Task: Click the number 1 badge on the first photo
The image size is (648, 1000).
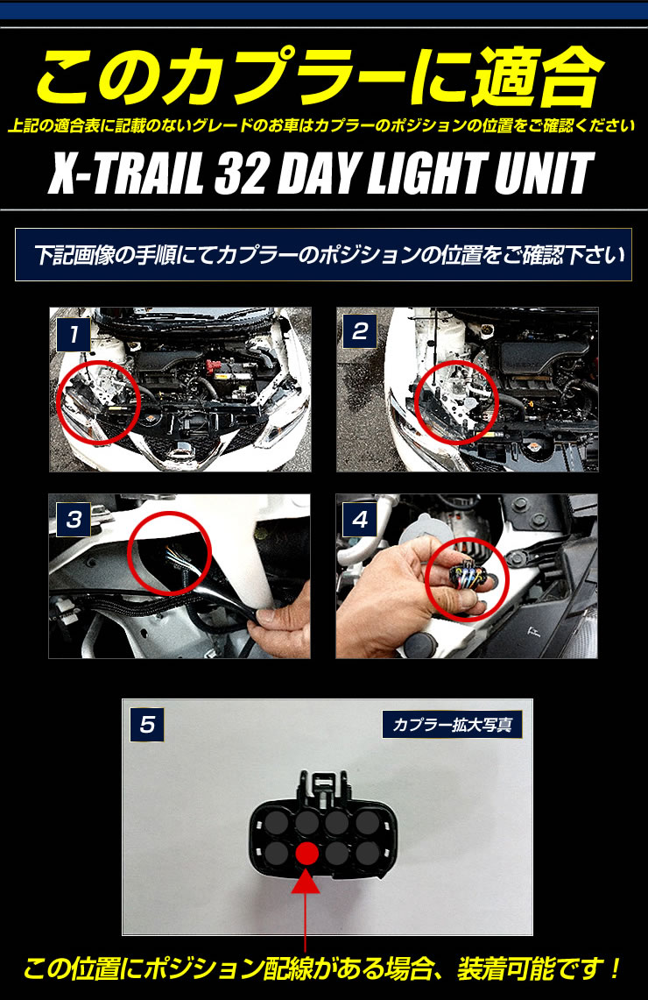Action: (x=74, y=334)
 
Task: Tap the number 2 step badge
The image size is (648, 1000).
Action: (x=360, y=331)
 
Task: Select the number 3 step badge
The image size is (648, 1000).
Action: (x=74, y=519)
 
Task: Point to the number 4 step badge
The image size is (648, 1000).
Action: (x=360, y=519)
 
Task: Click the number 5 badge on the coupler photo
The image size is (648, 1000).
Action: (x=147, y=725)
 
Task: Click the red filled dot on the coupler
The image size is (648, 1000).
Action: (x=307, y=854)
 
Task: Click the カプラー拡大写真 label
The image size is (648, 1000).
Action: (x=453, y=725)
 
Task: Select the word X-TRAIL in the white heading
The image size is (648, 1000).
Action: (x=126, y=173)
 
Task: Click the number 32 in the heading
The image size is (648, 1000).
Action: (x=241, y=173)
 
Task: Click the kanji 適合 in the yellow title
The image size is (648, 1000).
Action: (x=537, y=77)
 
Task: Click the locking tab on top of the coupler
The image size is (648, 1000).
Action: (x=325, y=784)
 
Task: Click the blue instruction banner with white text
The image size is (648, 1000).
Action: (x=324, y=254)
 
